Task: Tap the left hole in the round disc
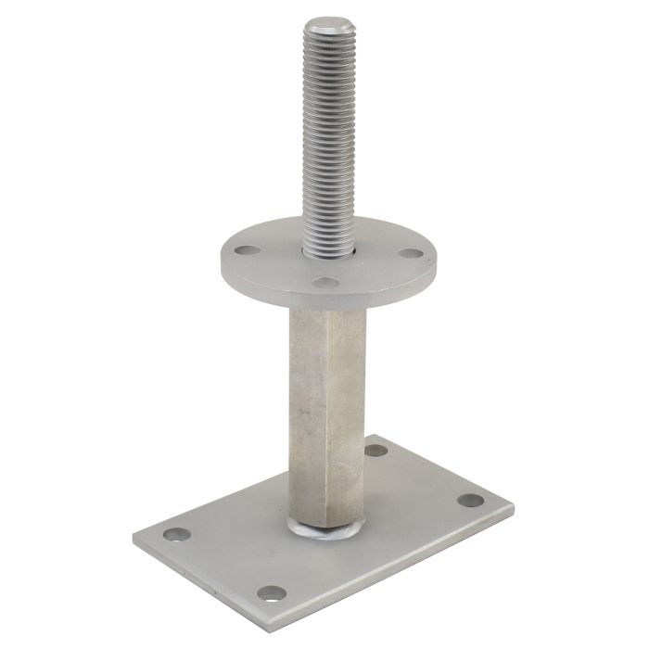246,249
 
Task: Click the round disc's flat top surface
278,264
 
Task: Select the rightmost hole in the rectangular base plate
470,501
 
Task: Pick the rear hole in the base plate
375,451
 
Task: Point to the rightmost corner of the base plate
514,505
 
